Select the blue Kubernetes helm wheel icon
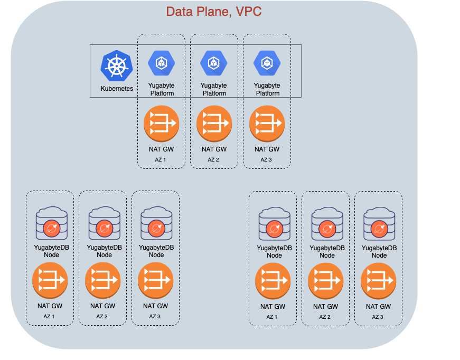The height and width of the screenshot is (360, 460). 117,67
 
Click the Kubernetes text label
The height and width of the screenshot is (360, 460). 117,89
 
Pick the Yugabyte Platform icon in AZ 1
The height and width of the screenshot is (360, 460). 161,63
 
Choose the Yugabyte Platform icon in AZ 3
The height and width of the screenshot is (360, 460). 267,63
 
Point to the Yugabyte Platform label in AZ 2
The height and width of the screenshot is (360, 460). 214,89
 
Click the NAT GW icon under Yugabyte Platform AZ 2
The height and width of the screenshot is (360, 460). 214,124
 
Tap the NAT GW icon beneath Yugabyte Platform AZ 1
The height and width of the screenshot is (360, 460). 161,124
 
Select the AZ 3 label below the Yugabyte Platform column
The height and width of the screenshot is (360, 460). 267,159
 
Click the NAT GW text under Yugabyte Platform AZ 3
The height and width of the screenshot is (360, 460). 267,149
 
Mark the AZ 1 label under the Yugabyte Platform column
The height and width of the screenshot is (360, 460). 161,159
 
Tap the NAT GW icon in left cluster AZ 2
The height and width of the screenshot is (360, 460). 102,280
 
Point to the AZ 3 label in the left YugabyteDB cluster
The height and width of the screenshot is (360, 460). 155,316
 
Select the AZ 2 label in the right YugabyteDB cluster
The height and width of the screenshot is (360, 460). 326,317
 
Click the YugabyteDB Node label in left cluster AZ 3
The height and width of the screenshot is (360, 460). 155,251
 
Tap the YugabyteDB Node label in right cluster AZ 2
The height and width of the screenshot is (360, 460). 326,251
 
